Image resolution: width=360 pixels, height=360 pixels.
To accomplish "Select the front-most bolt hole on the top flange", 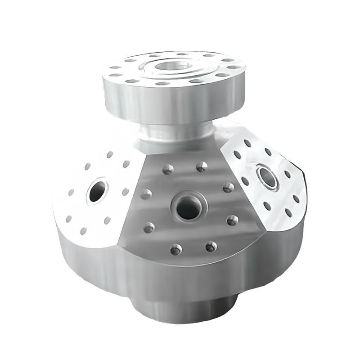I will coord(163,84).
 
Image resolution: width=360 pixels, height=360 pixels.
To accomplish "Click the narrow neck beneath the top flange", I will coord(171,131).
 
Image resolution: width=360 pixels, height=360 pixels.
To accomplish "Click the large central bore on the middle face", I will coord(187,208).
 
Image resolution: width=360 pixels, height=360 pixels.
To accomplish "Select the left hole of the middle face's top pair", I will coord(168,169).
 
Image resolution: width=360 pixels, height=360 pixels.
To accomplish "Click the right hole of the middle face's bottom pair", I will coord(211,246).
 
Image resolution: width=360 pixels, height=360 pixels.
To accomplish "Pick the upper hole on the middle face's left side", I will coord(146,194).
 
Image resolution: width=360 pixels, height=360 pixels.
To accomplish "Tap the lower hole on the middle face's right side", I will coord(233,220).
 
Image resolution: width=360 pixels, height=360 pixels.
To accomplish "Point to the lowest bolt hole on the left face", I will coord(83,231).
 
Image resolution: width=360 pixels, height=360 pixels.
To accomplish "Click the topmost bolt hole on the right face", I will coord(247,143).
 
